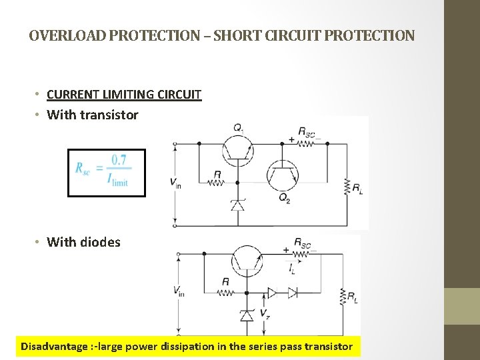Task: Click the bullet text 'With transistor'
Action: click(93, 115)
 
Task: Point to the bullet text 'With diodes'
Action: click(84, 242)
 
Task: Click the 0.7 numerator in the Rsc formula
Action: click(119, 160)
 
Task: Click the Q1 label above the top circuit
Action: click(239, 127)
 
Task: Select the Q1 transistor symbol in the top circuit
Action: click(239, 150)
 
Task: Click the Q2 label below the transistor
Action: click(285, 197)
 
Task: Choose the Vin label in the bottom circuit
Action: click(178, 291)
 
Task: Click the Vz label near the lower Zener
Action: click(265, 313)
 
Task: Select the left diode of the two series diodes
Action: click(272, 292)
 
